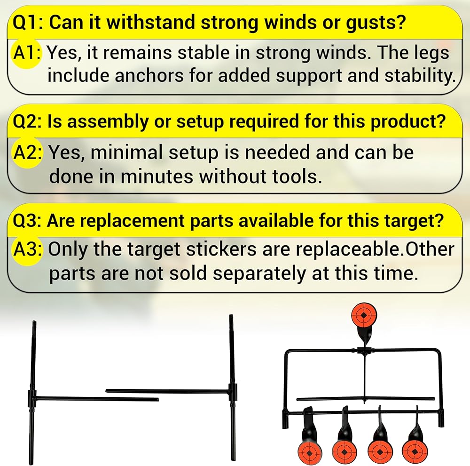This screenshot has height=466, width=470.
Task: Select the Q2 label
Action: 27,122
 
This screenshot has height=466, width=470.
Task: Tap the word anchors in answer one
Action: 150,75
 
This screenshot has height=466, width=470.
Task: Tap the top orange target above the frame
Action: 365,316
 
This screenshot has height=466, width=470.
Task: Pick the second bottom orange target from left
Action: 344,450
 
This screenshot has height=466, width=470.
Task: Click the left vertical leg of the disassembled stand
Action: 34,391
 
